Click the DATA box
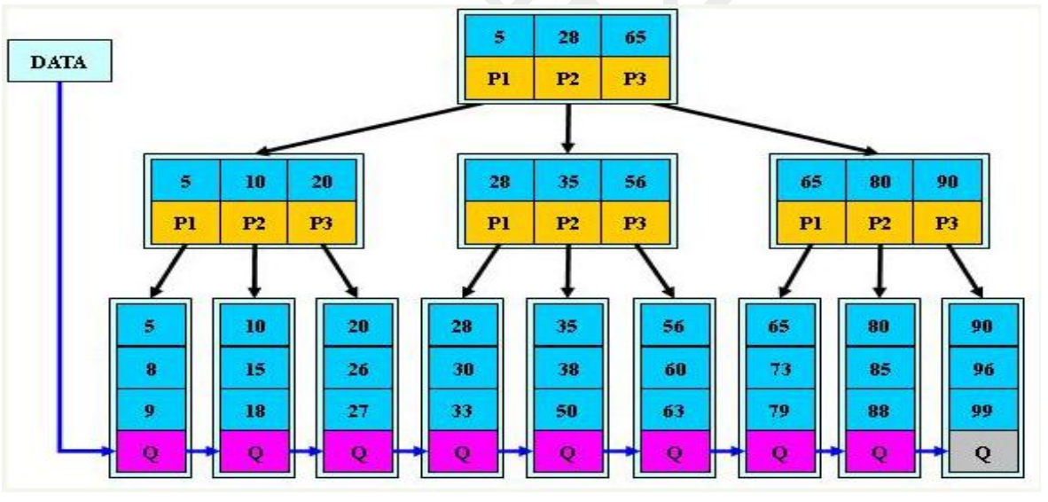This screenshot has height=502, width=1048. (60, 63)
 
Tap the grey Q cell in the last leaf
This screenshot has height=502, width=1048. (982, 452)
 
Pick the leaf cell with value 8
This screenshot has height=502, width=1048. (150, 367)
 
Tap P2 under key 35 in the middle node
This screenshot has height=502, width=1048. (567, 222)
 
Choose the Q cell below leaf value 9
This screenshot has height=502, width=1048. (150, 452)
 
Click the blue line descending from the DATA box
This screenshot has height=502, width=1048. (60, 266)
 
